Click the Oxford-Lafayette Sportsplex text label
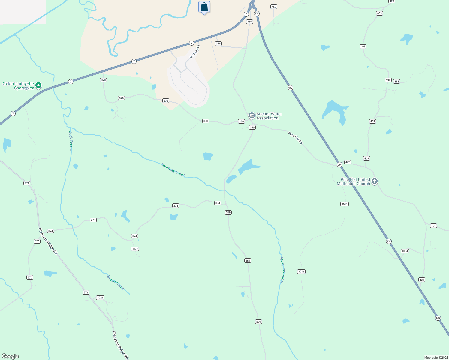pyautogui.click(x=18, y=86)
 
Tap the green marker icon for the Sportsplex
pyautogui.click(x=38, y=85)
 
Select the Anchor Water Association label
pyautogui.click(x=269, y=116)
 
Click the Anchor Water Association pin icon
pyautogui.click(x=252, y=115)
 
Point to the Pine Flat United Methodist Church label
pyautogui.click(x=353, y=181)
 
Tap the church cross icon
pyautogui.click(x=374, y=181)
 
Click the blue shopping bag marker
pyautogui.click(x=204, y=7)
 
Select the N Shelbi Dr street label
pyautogui.click(x=194, y=51)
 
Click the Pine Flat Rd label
pyautogui.click(x=295, y=138)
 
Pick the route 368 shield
pyautogui.click(x=218, y=43)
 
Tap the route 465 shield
pyautogui.click(x=274, y=7)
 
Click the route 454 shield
pyautogui.click(x=396, y=82)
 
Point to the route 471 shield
pyautogui.click(x=433, y=226)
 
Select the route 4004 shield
pyautogui.click(x=405, y=251)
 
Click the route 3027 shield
pyautogui.click(x=135, y=249)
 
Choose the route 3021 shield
pyautogui.click(x=100, y=298)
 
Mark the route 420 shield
pyautogui.click(x=392, y=1)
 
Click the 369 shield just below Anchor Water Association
pyautogui.click(x=252, y=127)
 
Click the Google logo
pyautogui.click(x=10, y=356)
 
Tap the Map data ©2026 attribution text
pyautogui.click(x=436, y=358)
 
